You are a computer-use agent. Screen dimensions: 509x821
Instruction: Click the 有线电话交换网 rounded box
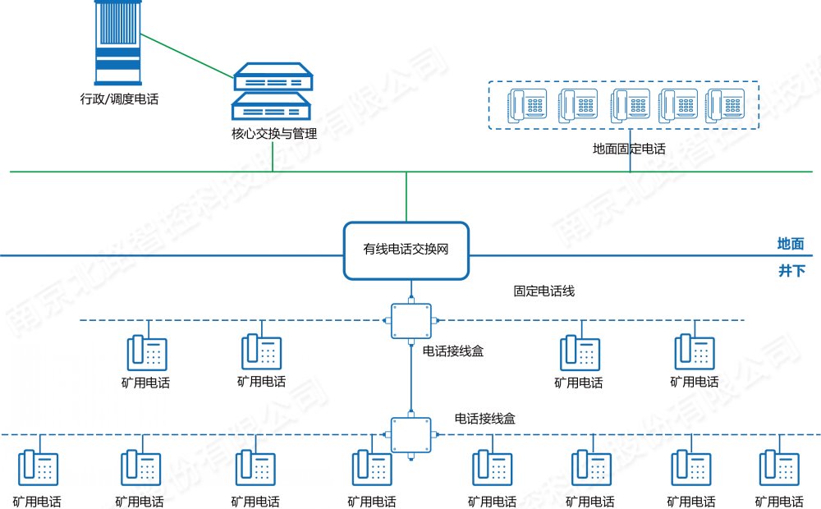pos(406,249)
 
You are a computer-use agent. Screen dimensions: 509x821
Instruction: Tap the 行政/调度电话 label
pos(119,99)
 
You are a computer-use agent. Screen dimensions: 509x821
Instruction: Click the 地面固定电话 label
pos(629,149)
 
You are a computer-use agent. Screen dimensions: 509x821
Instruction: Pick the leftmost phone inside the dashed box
pos(527,105)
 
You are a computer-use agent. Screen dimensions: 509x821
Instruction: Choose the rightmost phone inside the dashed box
pos(727,105)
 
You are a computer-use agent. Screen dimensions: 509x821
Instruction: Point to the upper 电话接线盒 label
pos(453,351)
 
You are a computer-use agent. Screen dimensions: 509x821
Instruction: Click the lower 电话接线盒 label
pos(485,418)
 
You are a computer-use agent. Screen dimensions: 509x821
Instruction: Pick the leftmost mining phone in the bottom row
pos(37,468)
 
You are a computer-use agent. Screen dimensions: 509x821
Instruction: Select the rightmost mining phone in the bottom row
pos(779,468)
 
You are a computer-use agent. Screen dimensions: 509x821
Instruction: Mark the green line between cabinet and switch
pos(186,57)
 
